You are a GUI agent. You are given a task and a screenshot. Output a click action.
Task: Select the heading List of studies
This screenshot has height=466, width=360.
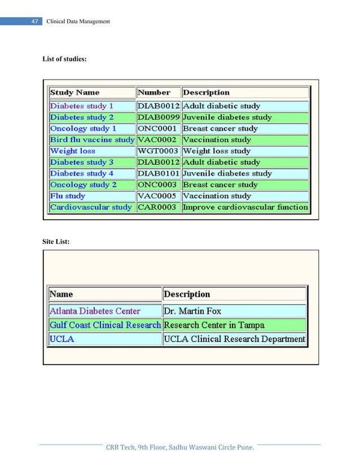65,59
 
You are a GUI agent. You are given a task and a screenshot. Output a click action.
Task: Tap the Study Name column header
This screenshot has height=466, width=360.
74,93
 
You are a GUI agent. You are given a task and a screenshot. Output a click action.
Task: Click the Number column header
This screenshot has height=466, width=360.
154,93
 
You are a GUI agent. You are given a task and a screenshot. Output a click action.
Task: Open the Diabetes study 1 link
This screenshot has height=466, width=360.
82,106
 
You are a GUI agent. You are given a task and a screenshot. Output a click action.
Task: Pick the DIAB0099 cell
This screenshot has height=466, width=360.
159,117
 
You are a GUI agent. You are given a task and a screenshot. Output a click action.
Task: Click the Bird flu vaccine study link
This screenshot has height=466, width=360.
92,139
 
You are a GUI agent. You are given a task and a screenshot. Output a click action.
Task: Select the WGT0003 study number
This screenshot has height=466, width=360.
158,151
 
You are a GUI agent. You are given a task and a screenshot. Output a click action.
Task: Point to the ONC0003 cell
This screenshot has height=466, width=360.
157,184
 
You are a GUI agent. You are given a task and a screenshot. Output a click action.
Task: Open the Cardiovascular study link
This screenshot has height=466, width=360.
91,207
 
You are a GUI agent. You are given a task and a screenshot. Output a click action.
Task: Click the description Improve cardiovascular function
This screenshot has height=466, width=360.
245,207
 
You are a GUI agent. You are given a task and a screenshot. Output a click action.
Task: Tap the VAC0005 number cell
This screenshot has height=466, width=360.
157,196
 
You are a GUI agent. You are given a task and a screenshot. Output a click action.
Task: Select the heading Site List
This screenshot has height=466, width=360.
56,241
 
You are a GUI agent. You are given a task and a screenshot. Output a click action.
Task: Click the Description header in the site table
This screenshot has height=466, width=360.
187,294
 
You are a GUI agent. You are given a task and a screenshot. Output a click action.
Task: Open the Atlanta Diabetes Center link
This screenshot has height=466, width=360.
95,311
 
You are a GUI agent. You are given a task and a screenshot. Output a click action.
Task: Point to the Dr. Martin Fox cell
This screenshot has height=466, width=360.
192,311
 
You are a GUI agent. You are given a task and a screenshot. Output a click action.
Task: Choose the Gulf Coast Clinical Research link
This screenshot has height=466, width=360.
105,325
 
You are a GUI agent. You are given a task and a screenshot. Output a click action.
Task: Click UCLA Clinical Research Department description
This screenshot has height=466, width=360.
234,339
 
